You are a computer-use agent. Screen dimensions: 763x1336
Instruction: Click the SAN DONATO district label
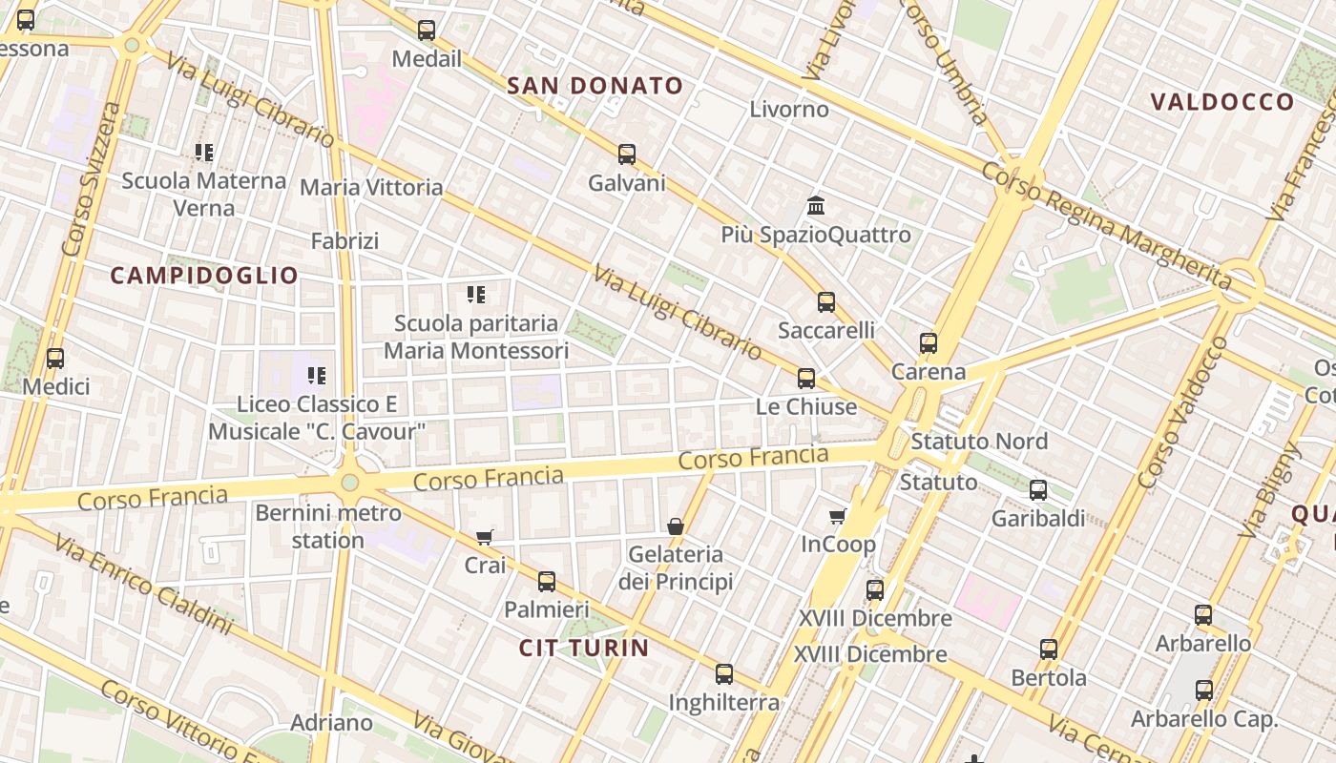[x=595, y=86]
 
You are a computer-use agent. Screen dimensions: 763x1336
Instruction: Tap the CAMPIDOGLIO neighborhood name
[x=204, y=276]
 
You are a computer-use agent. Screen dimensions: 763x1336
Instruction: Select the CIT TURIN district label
[x=584, y=648]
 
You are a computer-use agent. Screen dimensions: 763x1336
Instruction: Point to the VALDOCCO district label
[x=1222, y=102]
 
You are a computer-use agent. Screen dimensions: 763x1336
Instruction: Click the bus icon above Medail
[x=427, y=31]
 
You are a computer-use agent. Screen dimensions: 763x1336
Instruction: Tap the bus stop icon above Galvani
[x=627, y=154]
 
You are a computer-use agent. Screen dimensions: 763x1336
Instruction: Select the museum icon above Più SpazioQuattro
[x=816, y=205]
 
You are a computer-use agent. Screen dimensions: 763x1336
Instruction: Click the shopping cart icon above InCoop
[x=838, y=516]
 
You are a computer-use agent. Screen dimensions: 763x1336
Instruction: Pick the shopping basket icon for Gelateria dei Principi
[x=676, y=526]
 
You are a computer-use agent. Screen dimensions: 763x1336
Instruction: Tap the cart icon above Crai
[x=485, y=537]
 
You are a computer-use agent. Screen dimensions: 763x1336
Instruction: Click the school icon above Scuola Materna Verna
[x=204, y=152]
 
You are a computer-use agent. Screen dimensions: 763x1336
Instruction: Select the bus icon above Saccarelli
[x=826, y=301]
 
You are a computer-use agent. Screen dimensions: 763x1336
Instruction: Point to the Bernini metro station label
[x=328, y=526]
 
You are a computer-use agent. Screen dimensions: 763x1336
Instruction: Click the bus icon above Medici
[x=55, y=359]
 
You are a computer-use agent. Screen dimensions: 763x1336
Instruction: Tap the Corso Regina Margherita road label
[x=1107, y=225]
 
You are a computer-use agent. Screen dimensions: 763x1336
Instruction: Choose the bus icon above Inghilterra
[x=724, y=674]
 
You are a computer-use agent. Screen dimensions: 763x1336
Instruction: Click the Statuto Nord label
[x=979, y=442]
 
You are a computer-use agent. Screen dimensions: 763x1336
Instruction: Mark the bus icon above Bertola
[x=1049, y=650]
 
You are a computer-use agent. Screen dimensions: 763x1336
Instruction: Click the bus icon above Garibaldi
[x=1038, y=490]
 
